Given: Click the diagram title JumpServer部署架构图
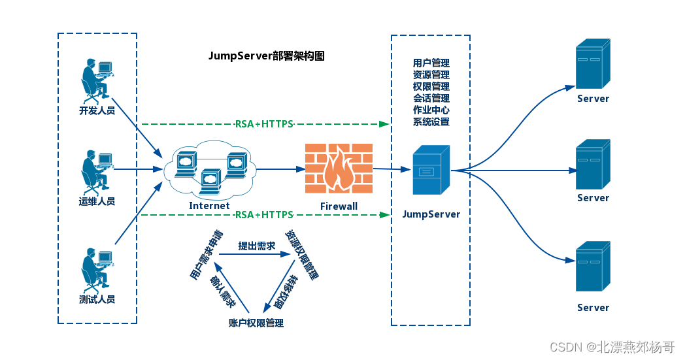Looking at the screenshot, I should [266, 56].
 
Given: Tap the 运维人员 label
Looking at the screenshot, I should [97, 201].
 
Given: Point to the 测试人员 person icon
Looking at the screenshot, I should [97, 269].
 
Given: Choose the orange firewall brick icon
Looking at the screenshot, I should [339, 169].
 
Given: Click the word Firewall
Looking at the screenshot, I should [339, 206].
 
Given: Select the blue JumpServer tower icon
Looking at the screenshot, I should [431, 171].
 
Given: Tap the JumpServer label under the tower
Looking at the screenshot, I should [431, 214].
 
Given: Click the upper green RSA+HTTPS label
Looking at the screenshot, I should [263, 123].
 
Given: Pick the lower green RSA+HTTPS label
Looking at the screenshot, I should [263, 214].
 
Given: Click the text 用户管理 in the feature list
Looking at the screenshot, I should [431, 63].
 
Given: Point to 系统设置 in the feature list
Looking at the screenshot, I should [431, 122].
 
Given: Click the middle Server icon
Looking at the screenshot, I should [593, 164].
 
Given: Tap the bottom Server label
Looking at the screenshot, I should [593, 307].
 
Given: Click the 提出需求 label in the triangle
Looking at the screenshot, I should [256, 246].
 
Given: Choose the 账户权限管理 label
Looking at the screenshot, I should [256, 323].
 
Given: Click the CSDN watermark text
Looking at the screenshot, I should [612, 347].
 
